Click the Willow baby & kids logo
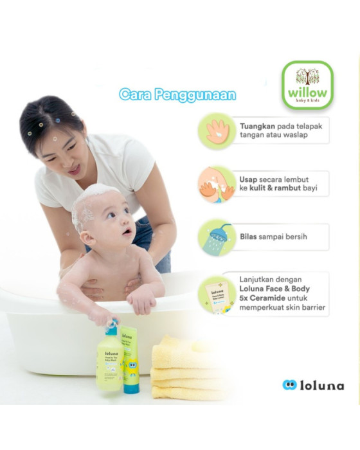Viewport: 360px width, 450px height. coord(307,85)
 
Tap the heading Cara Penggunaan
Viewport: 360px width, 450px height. coord(177,95)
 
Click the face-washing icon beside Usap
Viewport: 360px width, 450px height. coord(217,185)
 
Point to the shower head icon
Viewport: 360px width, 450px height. coord(217,237)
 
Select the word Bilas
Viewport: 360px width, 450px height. coord(250,237)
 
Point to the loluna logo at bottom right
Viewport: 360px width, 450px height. coord(313,386)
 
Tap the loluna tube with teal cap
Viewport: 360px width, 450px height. coord(131,360)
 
